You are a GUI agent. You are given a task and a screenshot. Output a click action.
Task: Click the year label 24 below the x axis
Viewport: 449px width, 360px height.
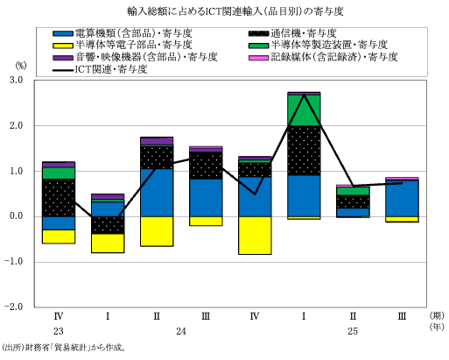coord(181,332)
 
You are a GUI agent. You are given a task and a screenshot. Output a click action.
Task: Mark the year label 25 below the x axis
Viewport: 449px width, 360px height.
coord(353,332)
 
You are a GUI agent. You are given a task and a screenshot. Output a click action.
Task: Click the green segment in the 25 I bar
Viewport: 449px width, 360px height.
coord(304,109)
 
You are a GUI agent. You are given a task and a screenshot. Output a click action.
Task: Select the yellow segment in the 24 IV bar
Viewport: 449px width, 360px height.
coord(255,235)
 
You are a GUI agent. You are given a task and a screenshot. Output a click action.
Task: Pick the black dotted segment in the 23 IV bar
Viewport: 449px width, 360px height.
coord(59,197)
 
